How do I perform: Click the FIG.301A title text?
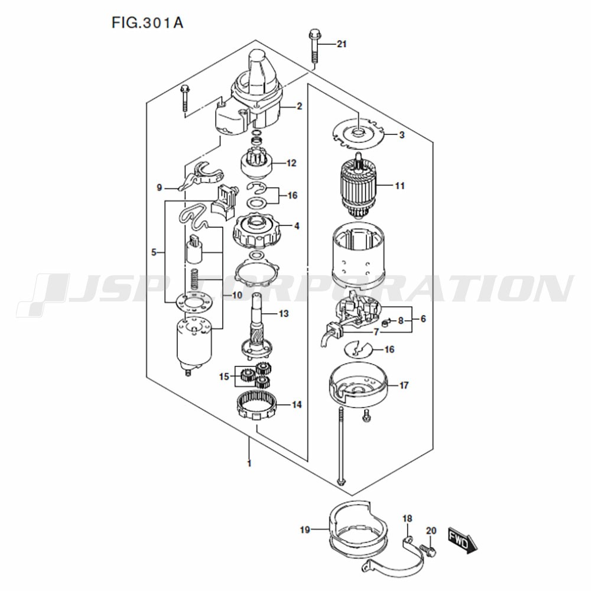click(147, 23)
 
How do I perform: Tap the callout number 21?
click(342, 44)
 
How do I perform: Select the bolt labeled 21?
click(314, 46)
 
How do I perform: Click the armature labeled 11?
click(358, 187)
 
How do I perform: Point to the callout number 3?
click(402, 135)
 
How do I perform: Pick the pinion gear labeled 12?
click(256, 164)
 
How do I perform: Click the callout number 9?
click(160, 187)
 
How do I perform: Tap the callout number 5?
click(154, 252)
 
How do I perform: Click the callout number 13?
click(284, 314)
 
